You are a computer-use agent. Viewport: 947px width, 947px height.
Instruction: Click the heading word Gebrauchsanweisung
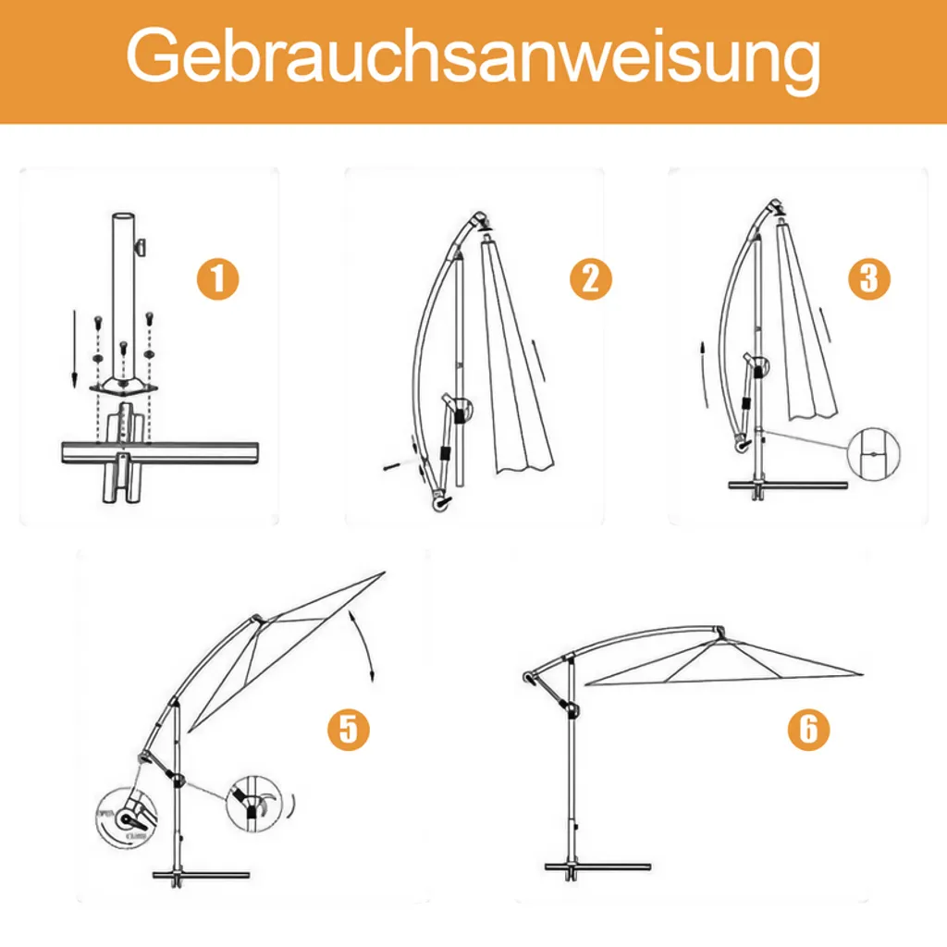[473, 60]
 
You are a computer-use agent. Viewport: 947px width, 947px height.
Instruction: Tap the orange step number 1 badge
[217, 278]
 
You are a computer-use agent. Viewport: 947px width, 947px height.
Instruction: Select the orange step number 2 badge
[590, 278]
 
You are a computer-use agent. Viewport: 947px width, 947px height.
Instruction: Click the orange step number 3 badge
[868, 278]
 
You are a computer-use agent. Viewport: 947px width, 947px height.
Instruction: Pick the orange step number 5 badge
[348, 729]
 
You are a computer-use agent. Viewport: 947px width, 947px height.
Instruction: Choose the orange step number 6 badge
[808, 729]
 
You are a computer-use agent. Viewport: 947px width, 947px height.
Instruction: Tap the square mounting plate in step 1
[123, 386]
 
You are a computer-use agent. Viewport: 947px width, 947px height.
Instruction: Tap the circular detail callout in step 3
[874, 456]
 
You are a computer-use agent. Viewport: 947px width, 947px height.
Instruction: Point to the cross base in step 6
[597, 867]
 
